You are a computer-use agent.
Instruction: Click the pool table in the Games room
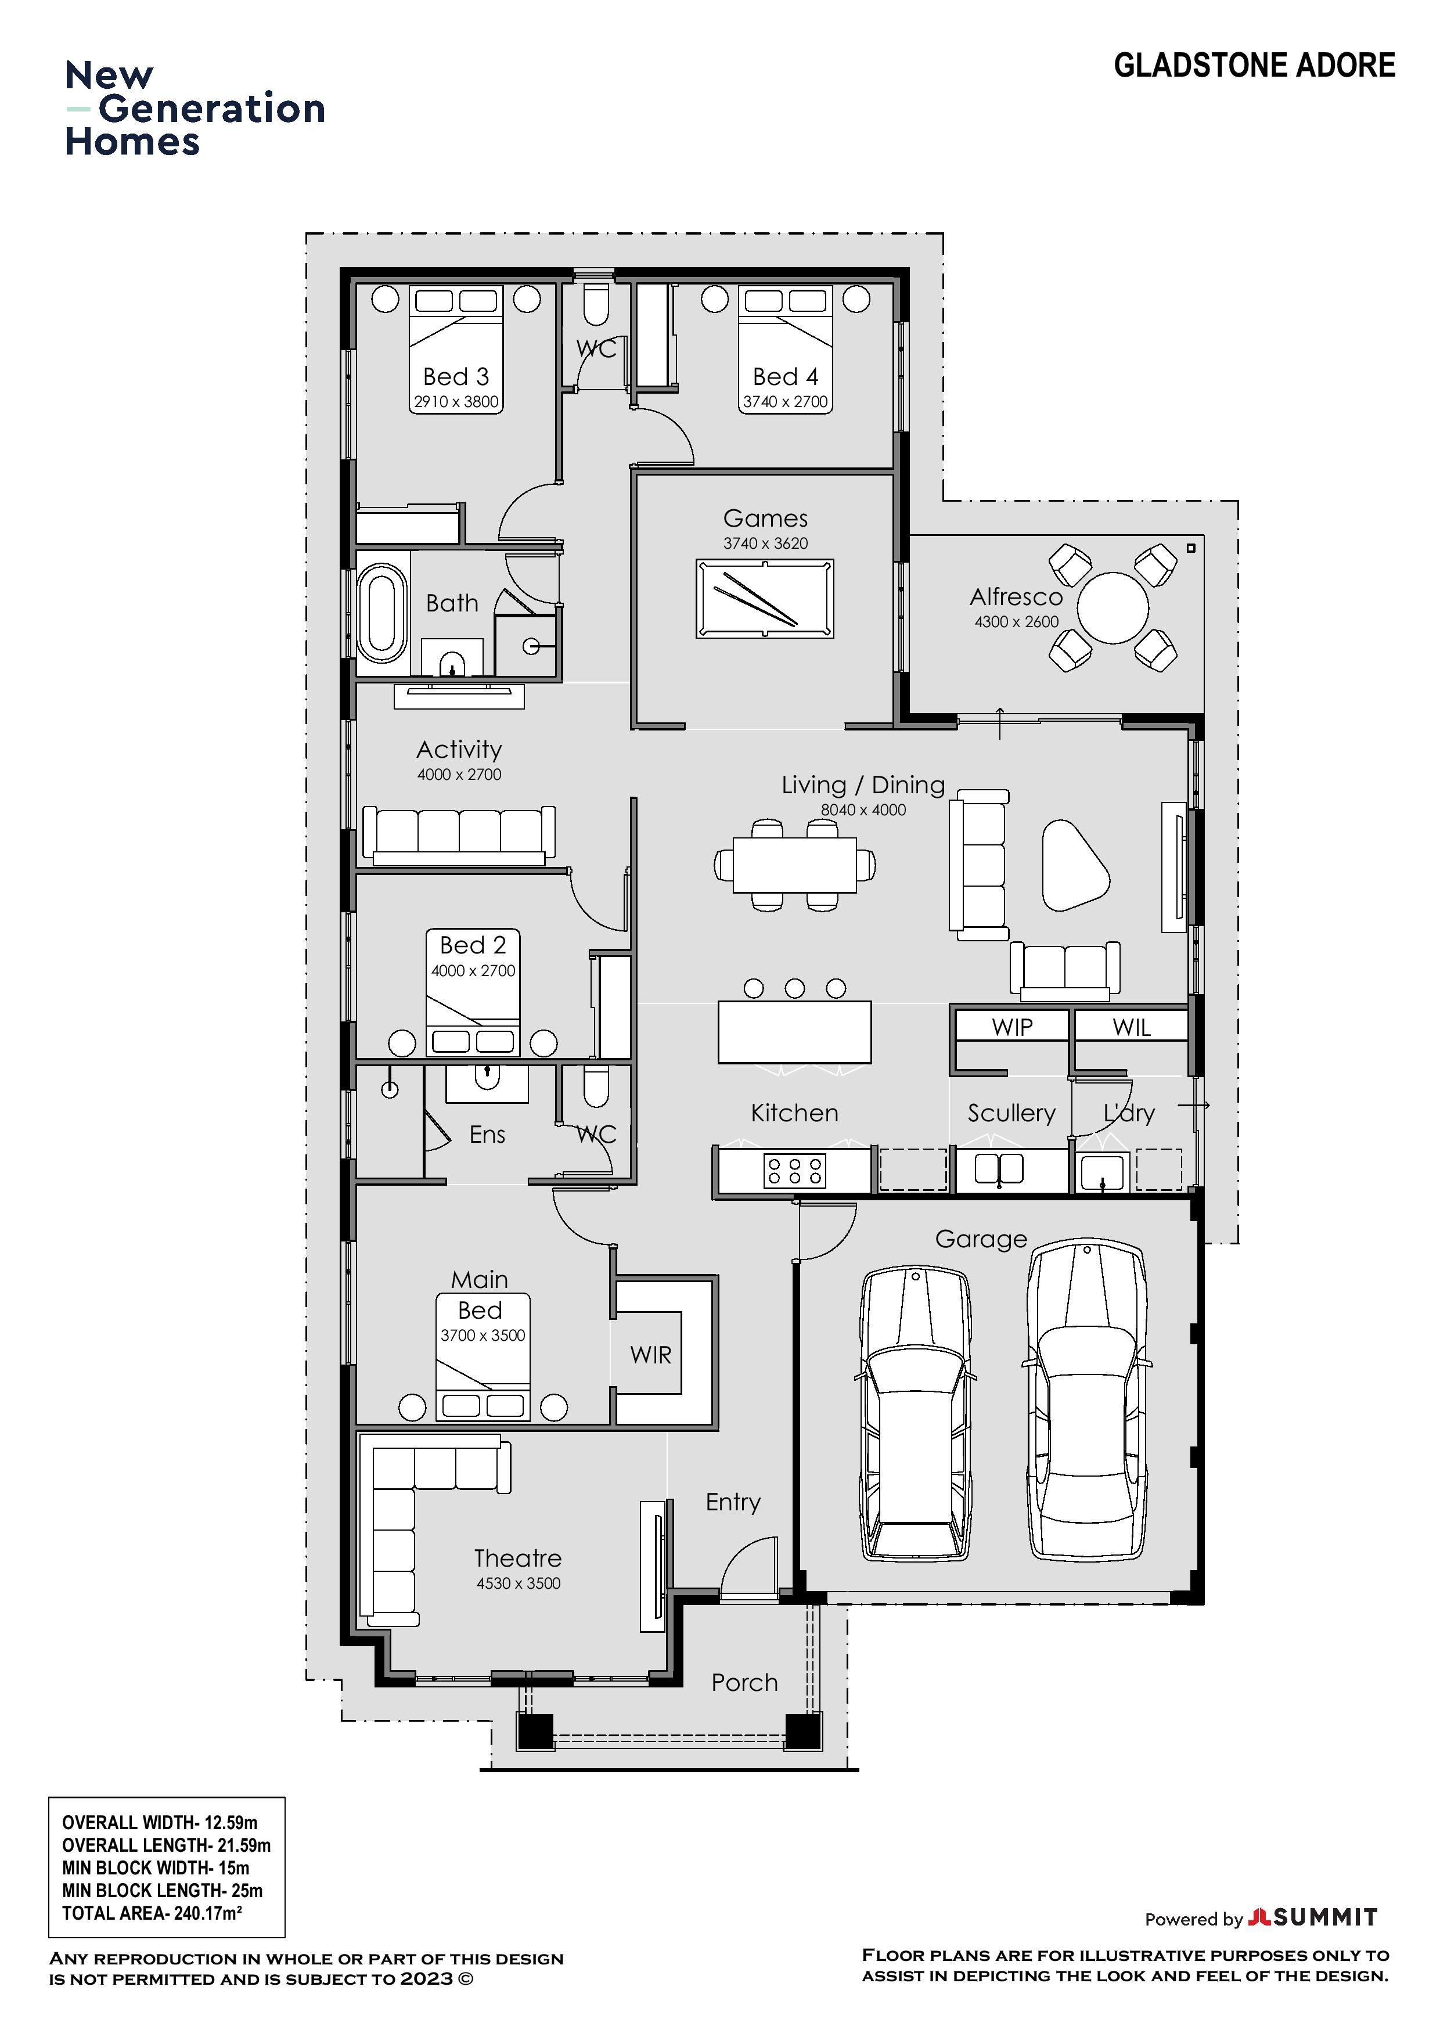[x=765, y=598]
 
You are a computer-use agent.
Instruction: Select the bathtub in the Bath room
[x=381, y=614]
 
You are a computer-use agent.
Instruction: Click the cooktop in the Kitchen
[x=794, y=1170]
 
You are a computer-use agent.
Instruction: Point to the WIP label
[x=1012, y=1027]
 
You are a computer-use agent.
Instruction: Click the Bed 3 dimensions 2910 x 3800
[x=456, y=402]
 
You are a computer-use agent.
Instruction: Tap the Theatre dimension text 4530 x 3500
[x=518, y=1583]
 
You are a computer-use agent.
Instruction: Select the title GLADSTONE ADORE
[x=1255, y=66]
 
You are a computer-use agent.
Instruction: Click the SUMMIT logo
[x=1313, y=1917]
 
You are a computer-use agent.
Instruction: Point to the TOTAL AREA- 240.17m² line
[x=152, y=1914]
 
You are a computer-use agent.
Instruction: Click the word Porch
[x=744, y=1683]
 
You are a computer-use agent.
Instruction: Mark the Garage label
[x=980, y=1239]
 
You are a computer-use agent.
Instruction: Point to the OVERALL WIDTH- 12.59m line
[x=160, y=1823]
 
